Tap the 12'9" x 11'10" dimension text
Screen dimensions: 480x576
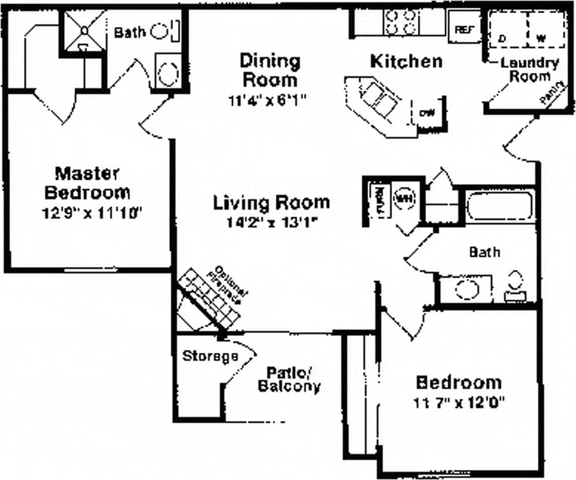point(92,213)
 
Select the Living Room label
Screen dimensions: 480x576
point(271,203)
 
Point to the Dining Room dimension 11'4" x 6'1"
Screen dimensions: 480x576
point(266,99)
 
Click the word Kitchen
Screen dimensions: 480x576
point(406,61)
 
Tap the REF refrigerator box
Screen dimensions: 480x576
point(464,29)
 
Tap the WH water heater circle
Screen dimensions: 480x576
point(404,198)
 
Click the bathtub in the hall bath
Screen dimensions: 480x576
point(499,205)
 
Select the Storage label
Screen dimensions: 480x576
point(210,356)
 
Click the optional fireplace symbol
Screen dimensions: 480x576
point(208,301)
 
